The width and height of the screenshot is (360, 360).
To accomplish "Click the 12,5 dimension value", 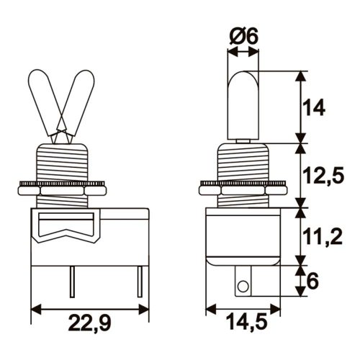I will point(319,175).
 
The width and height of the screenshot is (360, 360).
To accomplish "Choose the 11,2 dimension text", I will point(319,235).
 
